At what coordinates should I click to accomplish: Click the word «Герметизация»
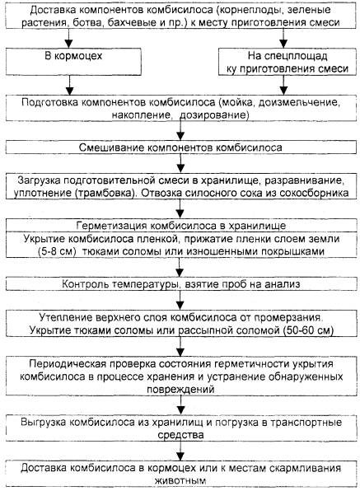(112, 226)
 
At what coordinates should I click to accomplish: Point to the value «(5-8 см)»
(57, 251)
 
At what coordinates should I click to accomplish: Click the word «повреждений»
(180, 390)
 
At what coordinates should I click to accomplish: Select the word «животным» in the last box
(180, 480)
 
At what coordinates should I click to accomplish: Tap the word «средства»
(180, 435)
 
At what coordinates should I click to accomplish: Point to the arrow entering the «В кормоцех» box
(69, 38)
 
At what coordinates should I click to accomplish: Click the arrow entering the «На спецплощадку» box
(283, 38)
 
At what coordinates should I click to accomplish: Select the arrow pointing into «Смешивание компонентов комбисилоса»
(180, 131)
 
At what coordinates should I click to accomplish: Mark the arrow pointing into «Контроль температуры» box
(180, 268)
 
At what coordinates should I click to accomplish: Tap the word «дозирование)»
(214, 115)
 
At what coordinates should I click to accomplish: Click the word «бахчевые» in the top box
(121, 23)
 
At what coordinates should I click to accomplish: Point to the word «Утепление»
(65, 317)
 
